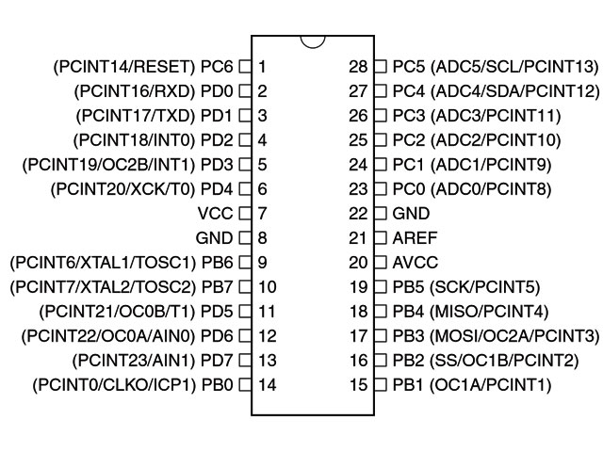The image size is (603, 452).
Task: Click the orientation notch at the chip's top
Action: point(313,46)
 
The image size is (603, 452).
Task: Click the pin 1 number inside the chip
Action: point(262,67)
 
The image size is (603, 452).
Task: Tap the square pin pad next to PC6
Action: point(245,67)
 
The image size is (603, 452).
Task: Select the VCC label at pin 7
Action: point(216,214)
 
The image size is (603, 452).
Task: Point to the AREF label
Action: point(415,238)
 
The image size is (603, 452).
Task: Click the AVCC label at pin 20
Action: point(415,263)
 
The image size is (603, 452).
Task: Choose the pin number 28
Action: point(358,67)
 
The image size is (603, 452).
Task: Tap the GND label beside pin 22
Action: point(411,214)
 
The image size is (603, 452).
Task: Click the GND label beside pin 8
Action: point(214,238)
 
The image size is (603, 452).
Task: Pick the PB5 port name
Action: point(408,286)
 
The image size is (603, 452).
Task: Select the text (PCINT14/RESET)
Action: point(124,67)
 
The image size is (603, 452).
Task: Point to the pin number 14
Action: point(267,385)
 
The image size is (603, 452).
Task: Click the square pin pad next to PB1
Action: point(381,384)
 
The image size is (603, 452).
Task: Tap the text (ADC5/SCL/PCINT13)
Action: point(514,67)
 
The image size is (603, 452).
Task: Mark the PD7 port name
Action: point(217,360)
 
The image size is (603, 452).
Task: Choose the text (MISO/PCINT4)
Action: point(489,312)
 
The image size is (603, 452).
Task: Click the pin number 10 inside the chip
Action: point(267,286)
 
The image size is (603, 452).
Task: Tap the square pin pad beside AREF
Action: point(381,237)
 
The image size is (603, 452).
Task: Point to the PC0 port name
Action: point(408,189)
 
